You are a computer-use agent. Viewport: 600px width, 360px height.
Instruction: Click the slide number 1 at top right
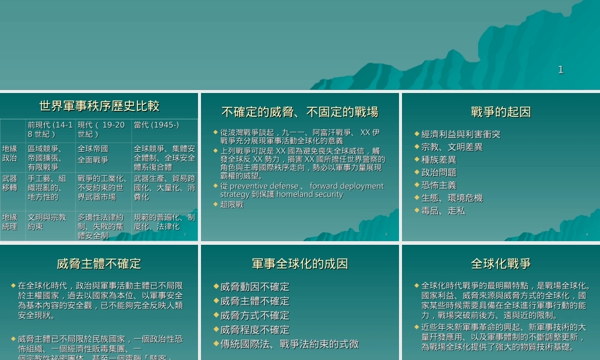pyautogui.click(x=560, y=70)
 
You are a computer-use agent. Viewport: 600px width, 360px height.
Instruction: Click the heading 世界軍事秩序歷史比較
pyautogui.click(x=100, y=106)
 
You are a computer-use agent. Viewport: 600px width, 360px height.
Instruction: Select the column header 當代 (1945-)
pyautogui.click(x=156, y=125)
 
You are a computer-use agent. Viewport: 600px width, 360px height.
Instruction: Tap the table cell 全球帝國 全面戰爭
pyautogui.click(x=93, y=154)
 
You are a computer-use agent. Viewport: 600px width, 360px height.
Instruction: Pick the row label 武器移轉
pyautogui.click(x=10, y=183)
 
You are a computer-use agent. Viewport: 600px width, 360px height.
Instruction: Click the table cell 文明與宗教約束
pyautogui.click(x=47, y=222)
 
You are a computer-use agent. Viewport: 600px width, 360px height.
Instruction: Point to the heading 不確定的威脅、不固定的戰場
pyautogui.click(x=299, y=112)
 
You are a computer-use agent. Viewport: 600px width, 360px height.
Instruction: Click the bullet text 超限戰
pyautogui.click(x=232, y=205)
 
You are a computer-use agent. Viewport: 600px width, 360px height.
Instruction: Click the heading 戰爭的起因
pyautogui.click(x=501, y=112)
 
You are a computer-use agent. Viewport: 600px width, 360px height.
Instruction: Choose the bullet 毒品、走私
pyautogui.click(x=443, y=211)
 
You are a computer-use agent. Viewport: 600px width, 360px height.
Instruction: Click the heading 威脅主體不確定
pyautogui.click(x=100, y=264)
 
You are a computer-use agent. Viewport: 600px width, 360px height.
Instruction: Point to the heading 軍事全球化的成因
pyautogui.click(x=299, y=264)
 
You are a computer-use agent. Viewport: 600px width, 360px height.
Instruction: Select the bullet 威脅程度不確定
pyautogui.click(x=254, y=329)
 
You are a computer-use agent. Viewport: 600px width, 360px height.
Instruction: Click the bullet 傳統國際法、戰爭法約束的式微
pyautogui.click(x=289, y=344)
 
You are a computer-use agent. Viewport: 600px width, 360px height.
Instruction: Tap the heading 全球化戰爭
pyautogui.click(x=501, y=264)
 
